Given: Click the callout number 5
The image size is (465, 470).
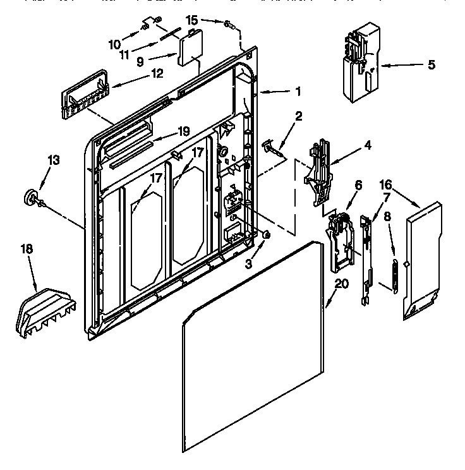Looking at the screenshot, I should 432,64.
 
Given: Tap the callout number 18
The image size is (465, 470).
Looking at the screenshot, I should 27,250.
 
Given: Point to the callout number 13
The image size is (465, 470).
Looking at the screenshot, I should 54,160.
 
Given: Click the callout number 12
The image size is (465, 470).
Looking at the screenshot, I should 156,73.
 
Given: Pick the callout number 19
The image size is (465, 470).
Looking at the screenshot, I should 183,131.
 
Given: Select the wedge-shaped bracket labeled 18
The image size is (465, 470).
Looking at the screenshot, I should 44,309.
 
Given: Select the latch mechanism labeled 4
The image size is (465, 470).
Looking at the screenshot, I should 318,171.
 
